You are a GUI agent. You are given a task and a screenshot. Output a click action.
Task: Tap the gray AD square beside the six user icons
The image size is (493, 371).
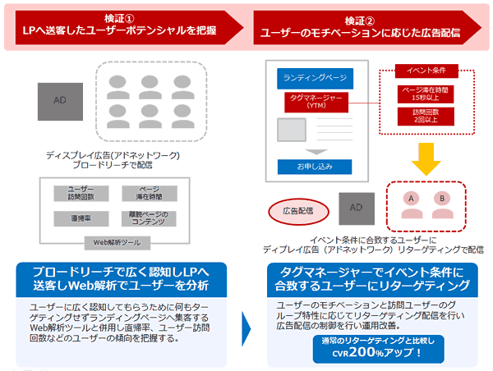[x=59, y=100]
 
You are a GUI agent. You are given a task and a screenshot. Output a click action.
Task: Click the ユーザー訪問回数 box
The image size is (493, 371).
[x=81, y=193]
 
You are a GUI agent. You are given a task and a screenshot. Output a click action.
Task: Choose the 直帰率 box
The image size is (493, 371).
[x=81, y=218]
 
